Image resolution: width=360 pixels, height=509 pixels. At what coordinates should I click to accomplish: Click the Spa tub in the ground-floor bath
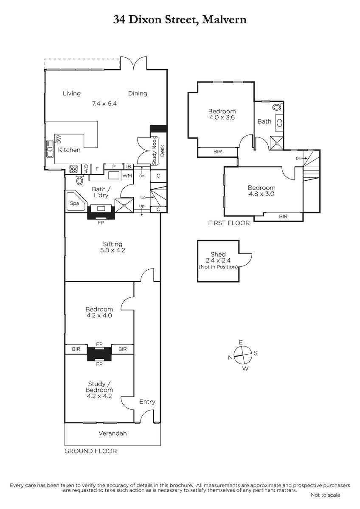pos(76,202)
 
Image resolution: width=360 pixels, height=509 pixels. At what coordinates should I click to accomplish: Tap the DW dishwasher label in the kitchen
pos(59,139)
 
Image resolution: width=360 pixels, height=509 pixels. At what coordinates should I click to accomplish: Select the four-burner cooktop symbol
pos(74,169)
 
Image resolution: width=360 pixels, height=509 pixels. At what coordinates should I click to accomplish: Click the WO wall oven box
pos(86,169)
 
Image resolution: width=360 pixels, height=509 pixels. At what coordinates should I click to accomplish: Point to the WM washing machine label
pos(127,176)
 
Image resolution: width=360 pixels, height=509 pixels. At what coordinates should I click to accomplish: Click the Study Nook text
pos(154,151)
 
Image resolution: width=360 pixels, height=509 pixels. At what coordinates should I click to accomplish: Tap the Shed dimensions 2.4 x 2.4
pos(218,260)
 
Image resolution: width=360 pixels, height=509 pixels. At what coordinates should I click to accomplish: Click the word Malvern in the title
pos(224,20)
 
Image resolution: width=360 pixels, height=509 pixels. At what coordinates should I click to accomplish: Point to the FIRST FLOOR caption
pos(229,223)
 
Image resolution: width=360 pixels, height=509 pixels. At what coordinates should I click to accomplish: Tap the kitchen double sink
pos(50,149)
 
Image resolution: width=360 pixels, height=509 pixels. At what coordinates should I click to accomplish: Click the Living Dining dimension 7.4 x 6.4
pos(104,103)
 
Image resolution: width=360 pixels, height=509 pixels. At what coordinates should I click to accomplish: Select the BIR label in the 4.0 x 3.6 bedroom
pos(217,151)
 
